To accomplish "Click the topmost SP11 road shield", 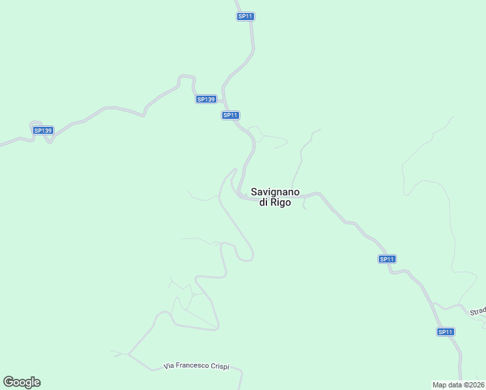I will tap(245, 16).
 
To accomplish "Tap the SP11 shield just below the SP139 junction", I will tap(231, 115).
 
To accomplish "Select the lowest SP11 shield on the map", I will tap(445, 331).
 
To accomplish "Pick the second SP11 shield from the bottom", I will tap(387, 259).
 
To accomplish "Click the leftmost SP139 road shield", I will tap(43, 130).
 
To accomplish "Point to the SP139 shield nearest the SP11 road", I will tap(205, 99).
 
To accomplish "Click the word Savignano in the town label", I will tap(275, 192).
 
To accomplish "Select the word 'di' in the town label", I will tap(264, 203).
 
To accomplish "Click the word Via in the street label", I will tap(170, 367).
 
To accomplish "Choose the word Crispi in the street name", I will tap(221, 367).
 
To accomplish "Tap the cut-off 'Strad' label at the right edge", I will tap(478, 311).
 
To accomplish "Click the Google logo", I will tap(21, 382).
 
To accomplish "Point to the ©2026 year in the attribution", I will tap(474, 385).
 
